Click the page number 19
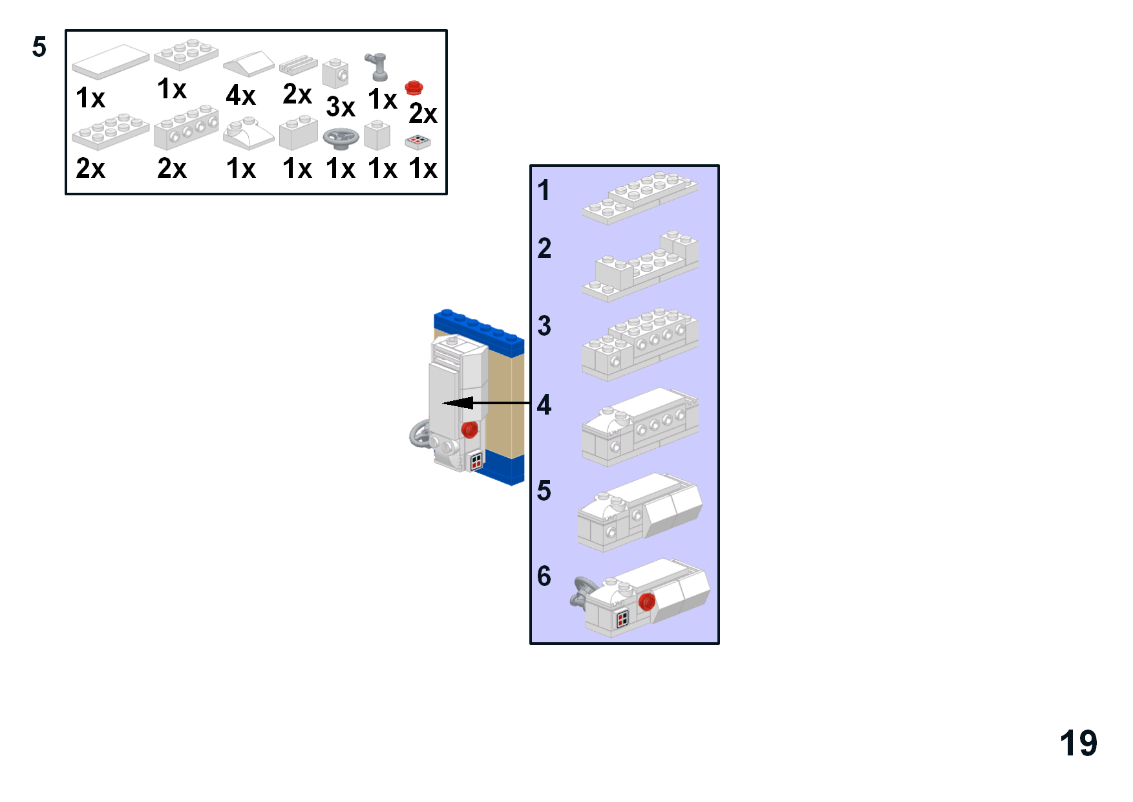point(1078,743)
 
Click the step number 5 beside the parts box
point(39,47)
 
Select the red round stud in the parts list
point(414,87)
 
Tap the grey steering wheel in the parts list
point(341,138)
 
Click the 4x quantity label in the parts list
point(240,96)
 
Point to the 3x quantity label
point(341,107)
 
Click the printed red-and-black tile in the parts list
point(418,141)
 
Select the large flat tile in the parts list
point(111,61)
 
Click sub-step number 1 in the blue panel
point(544,190)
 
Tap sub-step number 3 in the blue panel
point(544,325)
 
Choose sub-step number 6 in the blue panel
point(544,576)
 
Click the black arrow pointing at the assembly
point(487,403)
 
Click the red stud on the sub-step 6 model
point(646,601)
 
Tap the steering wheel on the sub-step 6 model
point(583,591)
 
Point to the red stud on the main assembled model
point(469,429)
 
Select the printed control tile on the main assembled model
point(476,461)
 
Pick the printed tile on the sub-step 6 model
point(622,619)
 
